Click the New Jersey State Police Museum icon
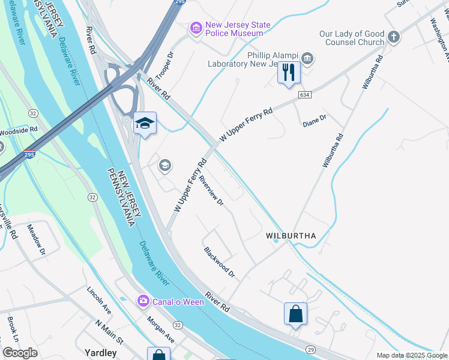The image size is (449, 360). [196, 28]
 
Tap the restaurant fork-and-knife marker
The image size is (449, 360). [289, 73]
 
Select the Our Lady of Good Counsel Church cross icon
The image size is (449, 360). [394, 37]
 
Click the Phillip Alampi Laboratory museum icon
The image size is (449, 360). [307, 58]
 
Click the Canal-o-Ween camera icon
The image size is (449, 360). [143, 301]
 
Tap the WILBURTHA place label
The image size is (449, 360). [291, 236]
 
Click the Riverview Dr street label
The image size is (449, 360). [212, 191]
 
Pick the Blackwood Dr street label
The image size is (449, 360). [219, 262]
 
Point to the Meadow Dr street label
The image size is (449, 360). [36, 239]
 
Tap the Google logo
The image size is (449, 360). [20, 353]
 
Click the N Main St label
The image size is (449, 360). [109, 332]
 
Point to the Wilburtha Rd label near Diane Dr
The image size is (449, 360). [332, 149]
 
